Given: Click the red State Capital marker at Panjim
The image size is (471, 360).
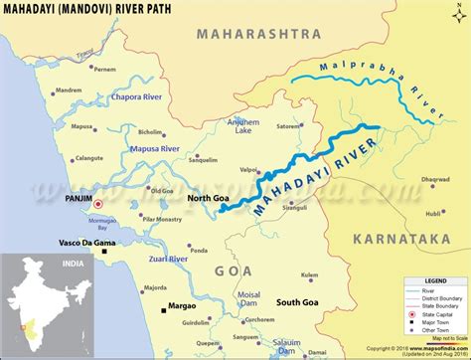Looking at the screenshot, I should click(71, 203).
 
